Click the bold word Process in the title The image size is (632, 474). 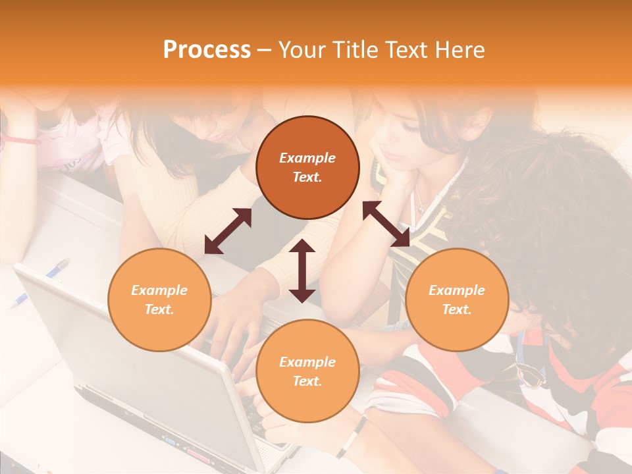(207, 50)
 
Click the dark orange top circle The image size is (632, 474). (307, 167)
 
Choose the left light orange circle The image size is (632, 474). (159, 300)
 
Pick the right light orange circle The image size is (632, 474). (457, 300)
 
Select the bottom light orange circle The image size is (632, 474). (307, 371)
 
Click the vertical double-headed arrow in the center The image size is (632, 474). (302, 271)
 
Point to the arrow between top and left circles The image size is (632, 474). (228, 231)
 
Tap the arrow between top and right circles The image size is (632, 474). (386, 224)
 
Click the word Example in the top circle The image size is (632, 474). (307, 158)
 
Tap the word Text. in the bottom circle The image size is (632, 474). (307, 381)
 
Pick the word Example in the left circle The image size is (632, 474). (159, 290)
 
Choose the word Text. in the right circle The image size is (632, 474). (457, 309)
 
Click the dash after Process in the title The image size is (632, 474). (264, 50)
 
